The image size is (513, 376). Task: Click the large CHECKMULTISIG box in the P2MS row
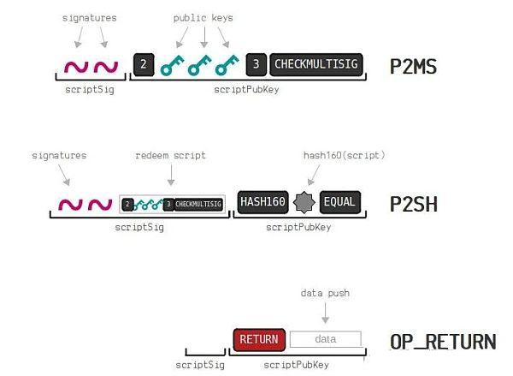pyautogui.click(x=316, y=64)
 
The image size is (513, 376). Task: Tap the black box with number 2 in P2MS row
pyautogui.click(x=144, y=64)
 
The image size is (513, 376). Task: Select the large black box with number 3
pyautogui.click(x=256, y=64)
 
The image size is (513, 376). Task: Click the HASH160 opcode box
pyautogui.click(x=263, y=202)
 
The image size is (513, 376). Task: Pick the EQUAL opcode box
pyautogui.click(x=340, y=202)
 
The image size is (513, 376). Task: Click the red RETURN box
pyautogui.click(x=259, y=340)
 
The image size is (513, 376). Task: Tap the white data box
pyautogui.click(x=326, y=339)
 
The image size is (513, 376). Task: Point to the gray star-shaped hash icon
pyautogui.click(x=304, y=202)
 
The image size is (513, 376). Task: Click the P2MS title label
pyautogui.click(x=413, y=67)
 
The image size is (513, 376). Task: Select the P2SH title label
pyautogui.click(x=414, y=204)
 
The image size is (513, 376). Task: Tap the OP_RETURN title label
pyautogui.click(x=443, y=342)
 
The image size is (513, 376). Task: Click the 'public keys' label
pyautogui.click(x=203, y=18)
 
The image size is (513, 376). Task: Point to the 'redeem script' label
pyautogui.click(x=170, y=155)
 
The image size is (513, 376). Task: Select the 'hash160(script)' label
pyautogui.click(x=345, y=155)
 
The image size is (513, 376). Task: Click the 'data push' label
pyautogui.click(x=325, y=293)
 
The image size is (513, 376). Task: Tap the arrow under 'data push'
pyautogui.click(x=325, y=313)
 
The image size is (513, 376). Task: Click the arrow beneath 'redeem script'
pyautogui.click(x=171, y=175)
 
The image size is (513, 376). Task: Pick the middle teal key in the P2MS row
pyautogui.click(x=199, y=65)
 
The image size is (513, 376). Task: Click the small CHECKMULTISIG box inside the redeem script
pyautogui.click(x=198, y=204)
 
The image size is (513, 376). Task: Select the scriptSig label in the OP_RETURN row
pyautogui.click(x=200, y=365)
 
